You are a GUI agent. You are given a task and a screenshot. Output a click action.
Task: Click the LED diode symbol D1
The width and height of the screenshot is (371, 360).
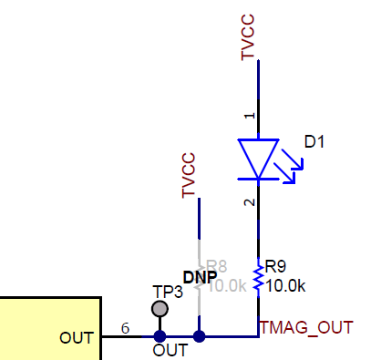259,158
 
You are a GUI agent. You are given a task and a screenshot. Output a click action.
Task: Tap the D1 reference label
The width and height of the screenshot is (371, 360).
314,142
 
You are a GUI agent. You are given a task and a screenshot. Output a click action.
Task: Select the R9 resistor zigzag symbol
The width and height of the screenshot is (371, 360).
259,277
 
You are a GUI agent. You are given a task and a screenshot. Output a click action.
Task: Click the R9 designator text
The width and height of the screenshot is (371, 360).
276,268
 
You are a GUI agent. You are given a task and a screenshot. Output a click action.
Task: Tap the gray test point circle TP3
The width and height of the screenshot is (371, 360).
160,308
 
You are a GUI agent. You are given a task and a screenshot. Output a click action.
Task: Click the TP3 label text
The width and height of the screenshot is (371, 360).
167,292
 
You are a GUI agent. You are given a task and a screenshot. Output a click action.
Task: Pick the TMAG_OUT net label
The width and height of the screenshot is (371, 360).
304,326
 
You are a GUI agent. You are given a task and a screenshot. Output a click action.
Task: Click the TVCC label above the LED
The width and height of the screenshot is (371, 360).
248,39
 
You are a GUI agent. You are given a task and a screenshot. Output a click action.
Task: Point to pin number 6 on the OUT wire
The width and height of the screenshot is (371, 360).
125,328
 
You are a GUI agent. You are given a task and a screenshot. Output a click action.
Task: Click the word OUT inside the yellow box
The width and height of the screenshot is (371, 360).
76,338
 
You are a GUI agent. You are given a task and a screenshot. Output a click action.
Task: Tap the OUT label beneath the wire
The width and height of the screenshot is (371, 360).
170,349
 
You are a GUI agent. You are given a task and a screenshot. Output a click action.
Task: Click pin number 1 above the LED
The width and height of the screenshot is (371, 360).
249,116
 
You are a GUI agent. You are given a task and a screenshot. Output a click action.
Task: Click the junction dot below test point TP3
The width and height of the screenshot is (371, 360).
160,336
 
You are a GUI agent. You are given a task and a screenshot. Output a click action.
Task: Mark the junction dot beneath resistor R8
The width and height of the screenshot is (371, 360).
200,336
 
